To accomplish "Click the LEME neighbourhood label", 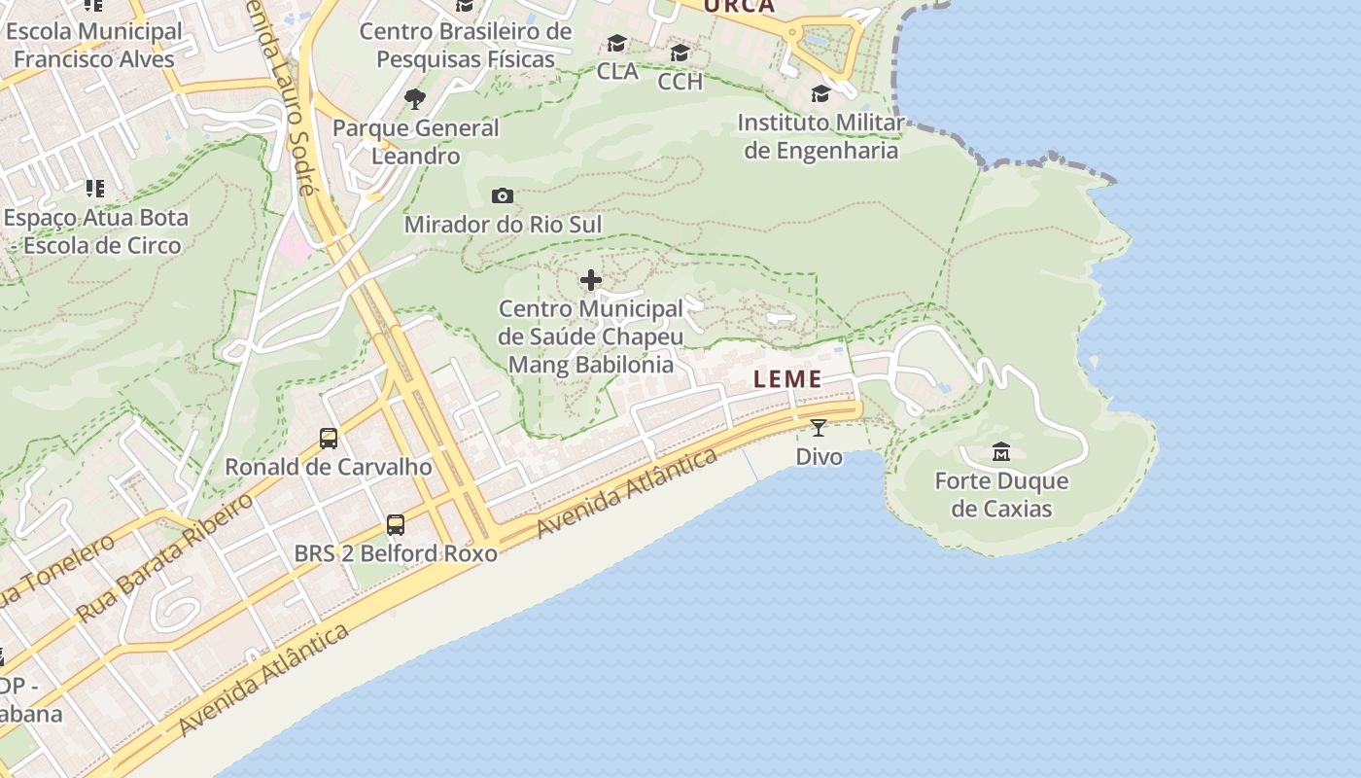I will click(x=787, y=379).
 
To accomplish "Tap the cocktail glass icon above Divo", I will click(x=819, y=427).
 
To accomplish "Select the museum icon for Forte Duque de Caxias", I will click(x=1001, y=451).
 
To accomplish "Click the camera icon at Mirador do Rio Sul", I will click(x=503, y=196).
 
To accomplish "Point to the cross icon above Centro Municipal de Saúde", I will click(x=590, y=281).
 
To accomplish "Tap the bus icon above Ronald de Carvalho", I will click(x=329, y=438).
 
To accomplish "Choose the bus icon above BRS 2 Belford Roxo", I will click(x=396, y=525).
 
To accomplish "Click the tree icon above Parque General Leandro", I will click(x=415, y=98).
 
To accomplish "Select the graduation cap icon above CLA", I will click(x=617, y=44).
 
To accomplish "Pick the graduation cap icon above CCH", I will click(x=680, y=53).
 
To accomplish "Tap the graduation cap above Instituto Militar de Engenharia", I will click(x=821, y=93).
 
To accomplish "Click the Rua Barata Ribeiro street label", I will click(x=165, y=556).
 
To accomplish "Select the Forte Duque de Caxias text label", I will click(x=1001, y=495).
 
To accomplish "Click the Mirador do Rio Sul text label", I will click(x=503, y=225).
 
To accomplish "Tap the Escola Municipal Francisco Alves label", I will click(x=93, y=45).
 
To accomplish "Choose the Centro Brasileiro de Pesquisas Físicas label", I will click(x=466, y=45).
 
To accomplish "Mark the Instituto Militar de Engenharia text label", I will click(x=821, y=137).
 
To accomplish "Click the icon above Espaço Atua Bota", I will click(x=94, y=188).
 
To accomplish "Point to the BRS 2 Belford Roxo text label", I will click(x=396, y=553).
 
